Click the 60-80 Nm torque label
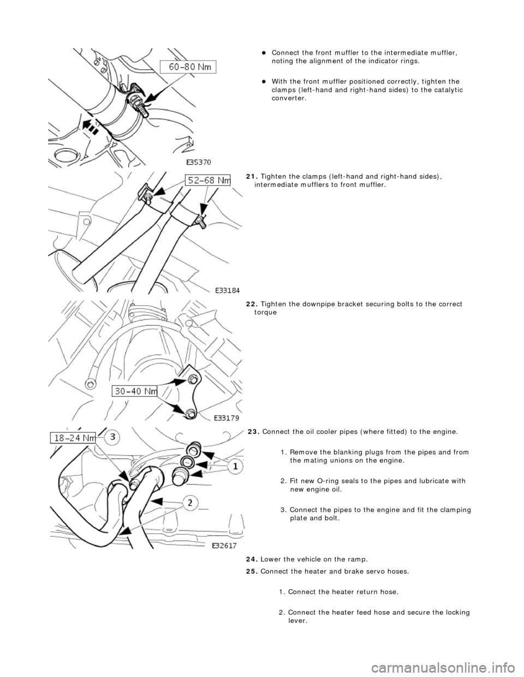188,67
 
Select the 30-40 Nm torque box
135,390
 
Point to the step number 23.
253,432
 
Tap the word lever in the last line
297,621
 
